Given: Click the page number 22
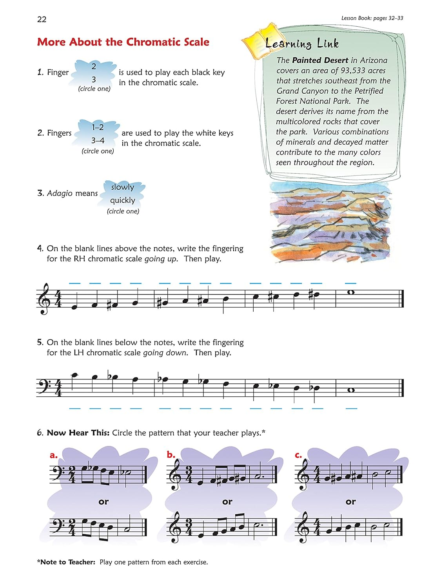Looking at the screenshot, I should tap(42, 19).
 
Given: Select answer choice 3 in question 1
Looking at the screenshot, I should tap(94, 79).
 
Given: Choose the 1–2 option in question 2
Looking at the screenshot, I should tap(98, 127).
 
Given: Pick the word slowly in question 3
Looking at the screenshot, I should tap(122, 187).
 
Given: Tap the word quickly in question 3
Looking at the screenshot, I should tap(122, 200).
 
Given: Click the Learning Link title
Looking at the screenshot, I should tap(302, 44).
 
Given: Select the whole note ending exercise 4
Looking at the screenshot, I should tap(350, 292).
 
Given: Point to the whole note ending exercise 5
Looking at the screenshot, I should tap(351, 390).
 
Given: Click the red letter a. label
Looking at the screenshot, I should tap(54, 456).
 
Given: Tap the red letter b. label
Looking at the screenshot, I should tap(171, 455).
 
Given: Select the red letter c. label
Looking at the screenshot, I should tap(298, 455).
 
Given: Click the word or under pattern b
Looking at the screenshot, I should tap(227, 502).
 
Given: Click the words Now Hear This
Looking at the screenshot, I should tap(78, 433).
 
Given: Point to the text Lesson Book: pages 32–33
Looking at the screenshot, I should tap(372, 18).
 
